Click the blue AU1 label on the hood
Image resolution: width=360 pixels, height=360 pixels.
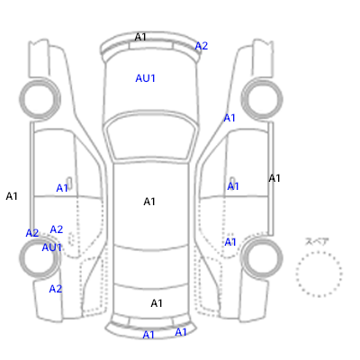click(x=145, y=78)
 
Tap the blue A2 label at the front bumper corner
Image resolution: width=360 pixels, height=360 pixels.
click(x=202, y=46)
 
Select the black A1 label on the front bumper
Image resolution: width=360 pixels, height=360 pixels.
click(x=140, y=37)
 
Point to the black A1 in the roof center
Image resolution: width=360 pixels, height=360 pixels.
click(x=149, y=202)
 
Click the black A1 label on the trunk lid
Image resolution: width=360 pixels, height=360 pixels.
click(x=157, y=303)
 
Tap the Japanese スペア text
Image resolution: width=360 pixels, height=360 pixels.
click(x=317, y=241)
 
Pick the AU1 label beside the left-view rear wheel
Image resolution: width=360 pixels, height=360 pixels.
click(x=51, y=247)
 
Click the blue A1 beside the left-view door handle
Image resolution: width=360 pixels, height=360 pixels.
click(x=62, y=188)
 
